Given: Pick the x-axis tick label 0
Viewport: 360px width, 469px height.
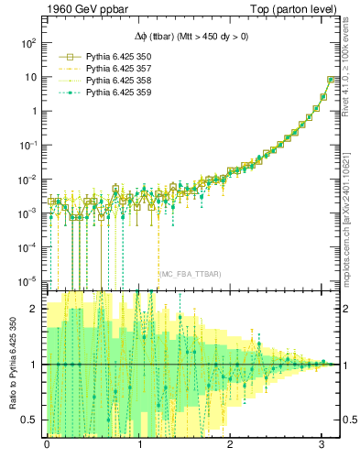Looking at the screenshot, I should pyautogui.click(x=47, y=445).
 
